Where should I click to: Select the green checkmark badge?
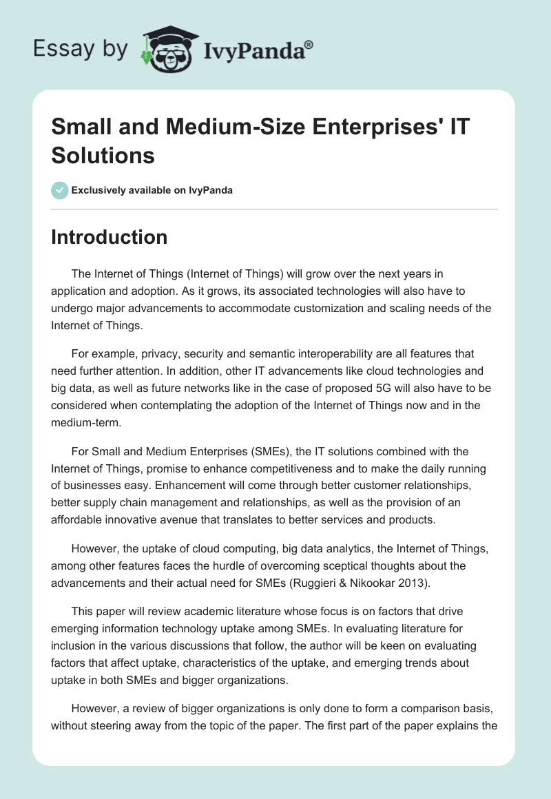60,190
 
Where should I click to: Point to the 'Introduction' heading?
110,237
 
